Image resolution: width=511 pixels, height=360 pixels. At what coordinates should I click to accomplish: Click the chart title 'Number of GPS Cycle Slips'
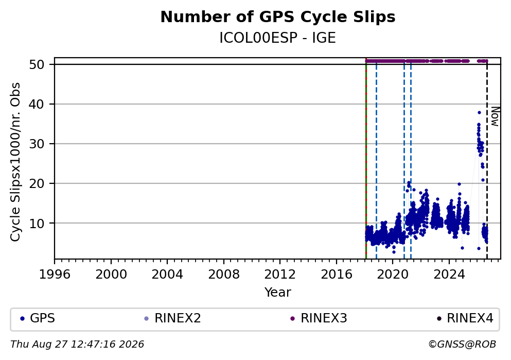[278, 18]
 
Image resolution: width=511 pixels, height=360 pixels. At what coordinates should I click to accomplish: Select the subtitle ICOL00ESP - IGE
[278, 38]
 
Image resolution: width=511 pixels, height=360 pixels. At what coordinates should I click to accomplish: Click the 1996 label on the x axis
[55, 274]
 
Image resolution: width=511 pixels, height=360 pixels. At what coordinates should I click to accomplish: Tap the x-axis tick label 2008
[223, 274]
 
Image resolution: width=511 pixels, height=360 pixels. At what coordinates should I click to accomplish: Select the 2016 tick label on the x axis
[337, 274]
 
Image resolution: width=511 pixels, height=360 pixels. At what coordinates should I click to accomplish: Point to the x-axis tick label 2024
[449, 274]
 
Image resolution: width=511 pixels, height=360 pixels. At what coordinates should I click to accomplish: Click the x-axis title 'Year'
[278, 292]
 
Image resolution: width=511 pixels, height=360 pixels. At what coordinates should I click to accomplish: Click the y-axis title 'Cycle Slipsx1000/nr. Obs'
[15, 162]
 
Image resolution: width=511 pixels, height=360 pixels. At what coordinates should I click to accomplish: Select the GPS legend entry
[38, 318]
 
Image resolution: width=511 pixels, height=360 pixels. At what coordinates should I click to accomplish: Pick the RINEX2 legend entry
[173, 318]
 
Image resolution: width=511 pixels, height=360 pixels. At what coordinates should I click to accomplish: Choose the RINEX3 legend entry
[319, 318]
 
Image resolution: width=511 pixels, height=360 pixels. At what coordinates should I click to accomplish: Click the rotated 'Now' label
[495, 117]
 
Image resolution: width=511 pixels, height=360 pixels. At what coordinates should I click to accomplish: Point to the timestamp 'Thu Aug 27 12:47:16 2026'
[77, 345]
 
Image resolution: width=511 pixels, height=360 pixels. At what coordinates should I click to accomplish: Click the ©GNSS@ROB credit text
[463, 345]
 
